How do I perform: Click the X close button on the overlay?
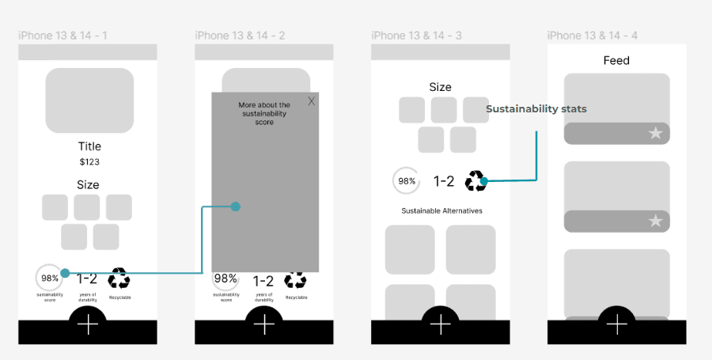coord(312,101)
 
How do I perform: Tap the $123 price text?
coord(89,161)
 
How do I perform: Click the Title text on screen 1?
coord(89,146)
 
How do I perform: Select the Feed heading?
coord(616,60)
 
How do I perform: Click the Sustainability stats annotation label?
coord(536,109)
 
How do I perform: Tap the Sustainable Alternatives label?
coord(441,211)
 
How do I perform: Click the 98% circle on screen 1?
coord(50,278)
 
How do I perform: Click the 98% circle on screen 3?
coord(407,180)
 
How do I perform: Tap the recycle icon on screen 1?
coord(119,278)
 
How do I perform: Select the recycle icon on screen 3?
coord(475,181)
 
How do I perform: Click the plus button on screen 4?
coord(616,324)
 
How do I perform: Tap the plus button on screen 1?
coord(88,324)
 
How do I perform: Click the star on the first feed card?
coord(655,134)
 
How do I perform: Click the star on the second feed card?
coord(655,222)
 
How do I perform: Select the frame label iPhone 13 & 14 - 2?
coord(240,36)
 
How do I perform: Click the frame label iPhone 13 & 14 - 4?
coord(593,36)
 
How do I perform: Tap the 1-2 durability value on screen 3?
coord(444,181)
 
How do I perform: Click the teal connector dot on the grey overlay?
coord(235,207)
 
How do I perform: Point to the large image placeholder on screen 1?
coord(89,100)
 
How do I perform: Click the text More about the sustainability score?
coord(264,113)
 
